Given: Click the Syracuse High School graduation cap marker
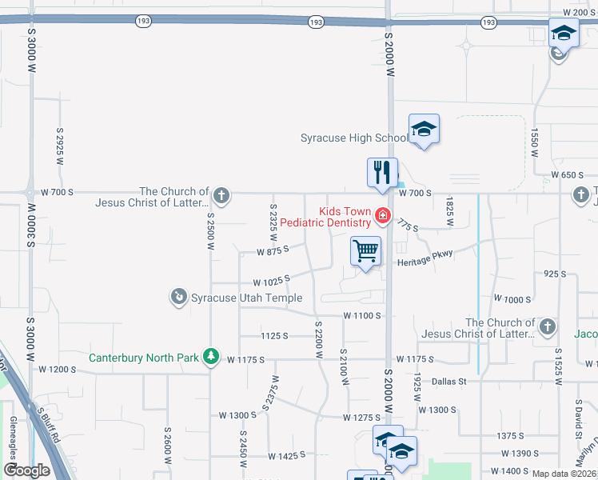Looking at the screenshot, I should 424,129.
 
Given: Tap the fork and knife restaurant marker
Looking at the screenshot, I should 382,172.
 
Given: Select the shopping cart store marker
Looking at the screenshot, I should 365,251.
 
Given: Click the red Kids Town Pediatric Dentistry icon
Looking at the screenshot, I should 382,216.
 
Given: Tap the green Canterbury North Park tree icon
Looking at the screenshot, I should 210,356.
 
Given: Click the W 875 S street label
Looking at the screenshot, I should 272,251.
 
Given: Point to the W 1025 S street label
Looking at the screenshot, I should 270,282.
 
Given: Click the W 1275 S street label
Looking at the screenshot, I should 361,418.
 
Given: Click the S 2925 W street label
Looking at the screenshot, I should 60,145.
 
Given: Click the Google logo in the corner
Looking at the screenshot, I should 26,470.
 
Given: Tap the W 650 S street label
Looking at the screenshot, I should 568,174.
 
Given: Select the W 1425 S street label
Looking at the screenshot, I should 288,455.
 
